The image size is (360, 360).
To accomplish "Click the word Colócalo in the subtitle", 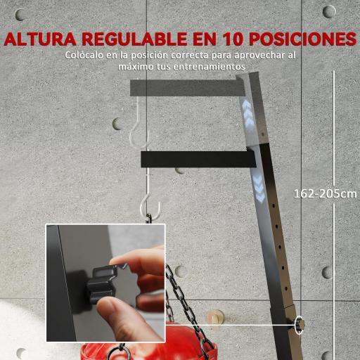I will pos(86,56).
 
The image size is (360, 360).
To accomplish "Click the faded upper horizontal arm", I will pos(190,87).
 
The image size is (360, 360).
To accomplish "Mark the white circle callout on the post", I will pos(300,325).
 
